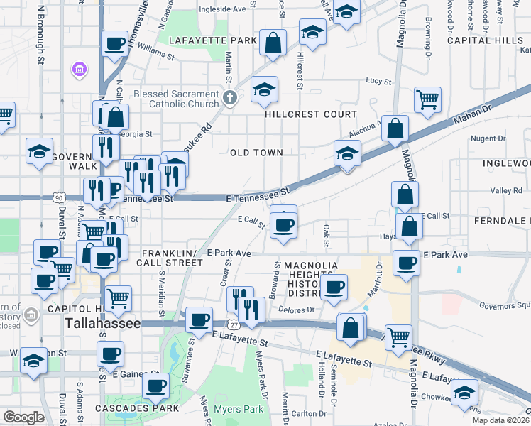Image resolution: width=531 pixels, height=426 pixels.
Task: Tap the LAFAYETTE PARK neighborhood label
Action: tap(212, 40)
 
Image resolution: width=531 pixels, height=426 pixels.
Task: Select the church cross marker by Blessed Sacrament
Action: tap(229, 97)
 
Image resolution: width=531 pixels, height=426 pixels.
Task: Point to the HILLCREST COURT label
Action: tap(311, 114)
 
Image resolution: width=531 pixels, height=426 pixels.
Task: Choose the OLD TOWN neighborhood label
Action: tap(256, 153)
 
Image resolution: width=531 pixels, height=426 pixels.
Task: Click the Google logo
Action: tap(23, 417)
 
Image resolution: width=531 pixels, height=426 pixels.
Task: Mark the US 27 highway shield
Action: tap(233, 324)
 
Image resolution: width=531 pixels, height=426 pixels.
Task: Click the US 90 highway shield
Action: tap(58, 197)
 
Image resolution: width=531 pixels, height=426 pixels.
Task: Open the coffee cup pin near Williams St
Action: tap(114, 45)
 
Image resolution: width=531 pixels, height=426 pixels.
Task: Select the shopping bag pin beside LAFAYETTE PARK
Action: tap(273, 43)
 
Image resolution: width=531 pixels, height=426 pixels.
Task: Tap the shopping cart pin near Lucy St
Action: tap(427, 100)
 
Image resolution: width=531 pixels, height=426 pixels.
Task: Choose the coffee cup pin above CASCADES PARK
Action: tap(155, 386)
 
